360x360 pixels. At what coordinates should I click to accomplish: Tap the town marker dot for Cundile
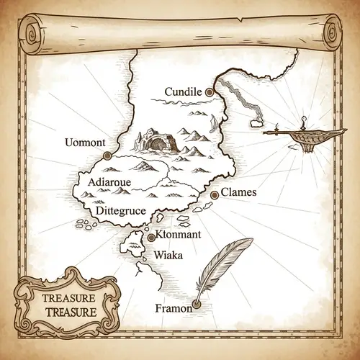210,92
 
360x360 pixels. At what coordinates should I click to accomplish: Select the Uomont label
84,141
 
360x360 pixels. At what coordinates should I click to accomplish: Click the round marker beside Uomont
107,155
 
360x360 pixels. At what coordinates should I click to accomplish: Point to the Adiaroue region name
109,183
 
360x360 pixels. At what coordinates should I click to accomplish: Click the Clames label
239,193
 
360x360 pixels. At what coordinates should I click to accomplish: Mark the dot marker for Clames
214,195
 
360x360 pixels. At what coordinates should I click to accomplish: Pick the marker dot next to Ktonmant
150,237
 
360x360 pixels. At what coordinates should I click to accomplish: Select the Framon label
173,309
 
